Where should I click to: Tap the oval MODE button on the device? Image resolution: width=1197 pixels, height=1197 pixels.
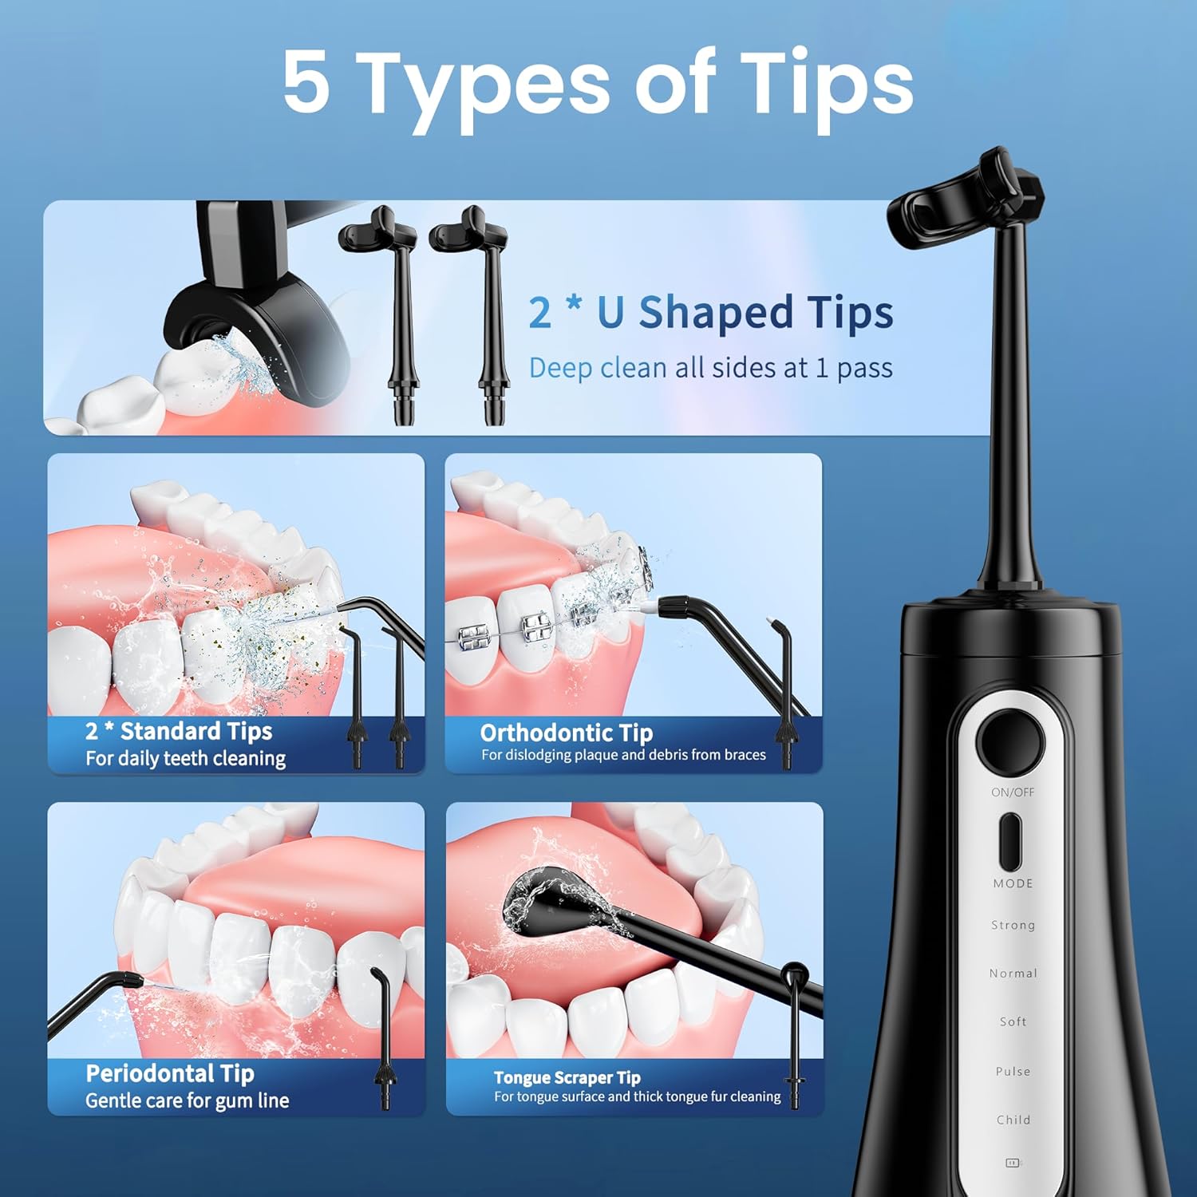1011,842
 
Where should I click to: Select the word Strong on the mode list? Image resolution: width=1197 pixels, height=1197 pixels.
1013,925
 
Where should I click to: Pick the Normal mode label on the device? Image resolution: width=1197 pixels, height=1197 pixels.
1013,974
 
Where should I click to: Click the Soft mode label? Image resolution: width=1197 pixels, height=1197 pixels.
1013,1021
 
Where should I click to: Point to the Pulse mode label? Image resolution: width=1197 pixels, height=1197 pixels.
1013,1071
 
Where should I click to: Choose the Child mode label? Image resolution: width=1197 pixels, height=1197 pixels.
1013,1120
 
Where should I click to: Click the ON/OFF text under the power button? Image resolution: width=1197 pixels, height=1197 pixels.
1012,792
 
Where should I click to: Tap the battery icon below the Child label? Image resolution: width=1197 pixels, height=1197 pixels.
1013,1163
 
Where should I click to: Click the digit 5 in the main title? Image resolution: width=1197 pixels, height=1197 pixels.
306,82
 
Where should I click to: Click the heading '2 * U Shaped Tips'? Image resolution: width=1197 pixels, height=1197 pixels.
710,312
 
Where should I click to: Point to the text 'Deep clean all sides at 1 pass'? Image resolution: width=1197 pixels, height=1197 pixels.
710,368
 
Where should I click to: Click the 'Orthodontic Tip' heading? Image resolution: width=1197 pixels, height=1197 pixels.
566,733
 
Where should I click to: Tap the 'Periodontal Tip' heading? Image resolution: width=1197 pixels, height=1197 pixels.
170,1073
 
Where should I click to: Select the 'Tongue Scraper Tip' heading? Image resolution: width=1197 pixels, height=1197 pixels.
567,1077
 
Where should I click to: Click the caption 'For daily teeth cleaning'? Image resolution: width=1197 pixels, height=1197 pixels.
185,758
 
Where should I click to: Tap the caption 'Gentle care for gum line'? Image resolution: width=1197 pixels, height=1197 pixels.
187,1100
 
